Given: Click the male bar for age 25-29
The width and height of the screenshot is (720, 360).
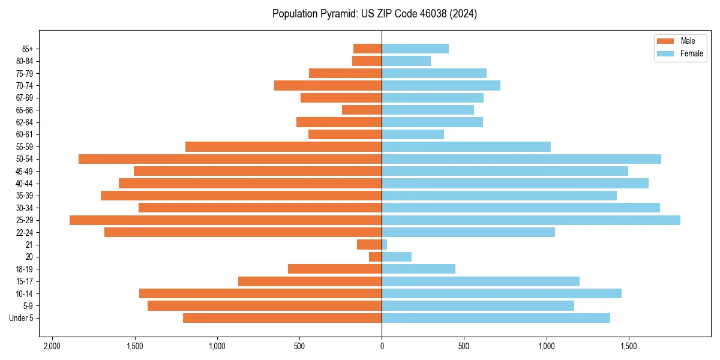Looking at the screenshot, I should coord(226,220).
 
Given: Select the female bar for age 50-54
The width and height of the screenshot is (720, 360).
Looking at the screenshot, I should coord(521,159).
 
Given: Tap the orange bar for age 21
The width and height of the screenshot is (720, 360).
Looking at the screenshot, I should coord(369,245).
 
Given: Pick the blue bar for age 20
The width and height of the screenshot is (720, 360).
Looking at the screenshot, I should coord(397,257).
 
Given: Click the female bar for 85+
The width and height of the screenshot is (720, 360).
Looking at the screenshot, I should coord(415,49).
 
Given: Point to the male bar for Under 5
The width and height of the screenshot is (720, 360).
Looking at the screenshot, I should coord(282,318).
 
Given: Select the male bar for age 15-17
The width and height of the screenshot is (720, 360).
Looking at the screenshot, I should coord(310,281).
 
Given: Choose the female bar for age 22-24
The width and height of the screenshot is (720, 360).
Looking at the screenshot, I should coord(468,232).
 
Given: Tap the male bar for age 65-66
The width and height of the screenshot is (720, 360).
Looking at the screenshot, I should coord(362,110).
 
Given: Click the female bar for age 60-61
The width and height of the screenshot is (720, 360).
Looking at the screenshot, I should coord(413,134).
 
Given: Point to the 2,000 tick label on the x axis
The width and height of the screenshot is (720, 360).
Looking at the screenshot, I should coord(52,347).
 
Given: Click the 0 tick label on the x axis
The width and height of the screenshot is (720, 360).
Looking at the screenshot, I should coord(382,347).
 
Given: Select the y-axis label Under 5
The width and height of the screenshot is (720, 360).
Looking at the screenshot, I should coord(22,318).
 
